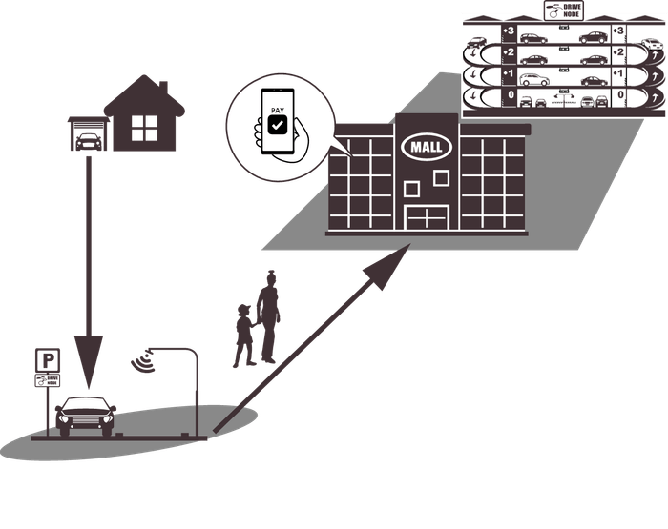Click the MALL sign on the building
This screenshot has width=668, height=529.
[x=425, y=147]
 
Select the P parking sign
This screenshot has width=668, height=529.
[x=48, y=359]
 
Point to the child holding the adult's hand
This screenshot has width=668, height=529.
[x=245, y=335]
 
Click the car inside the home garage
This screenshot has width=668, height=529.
[x=87, y=140]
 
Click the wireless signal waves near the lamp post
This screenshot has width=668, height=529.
[x=146, y=360]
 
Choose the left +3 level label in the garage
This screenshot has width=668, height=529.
[x=508, y=31]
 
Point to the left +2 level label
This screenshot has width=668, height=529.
[x=508, y=51]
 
